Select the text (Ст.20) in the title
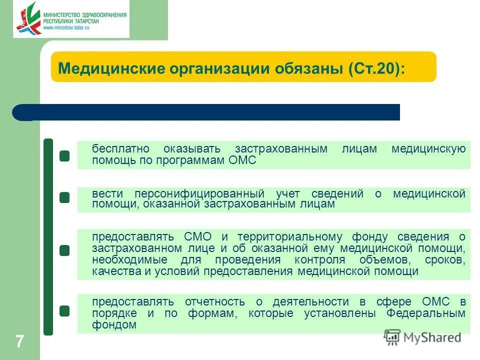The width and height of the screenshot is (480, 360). tap(377, 67)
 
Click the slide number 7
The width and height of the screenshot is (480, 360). tap(19, 342)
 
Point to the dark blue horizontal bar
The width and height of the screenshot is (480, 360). tap(210, 112)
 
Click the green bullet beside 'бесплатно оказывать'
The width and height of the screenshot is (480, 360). tap(64, 156)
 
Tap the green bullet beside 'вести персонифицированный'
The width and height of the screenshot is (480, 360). tap(64, 198)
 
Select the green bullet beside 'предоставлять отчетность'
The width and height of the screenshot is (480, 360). tap(64, 311)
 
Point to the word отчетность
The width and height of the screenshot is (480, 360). tap(214, 301)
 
